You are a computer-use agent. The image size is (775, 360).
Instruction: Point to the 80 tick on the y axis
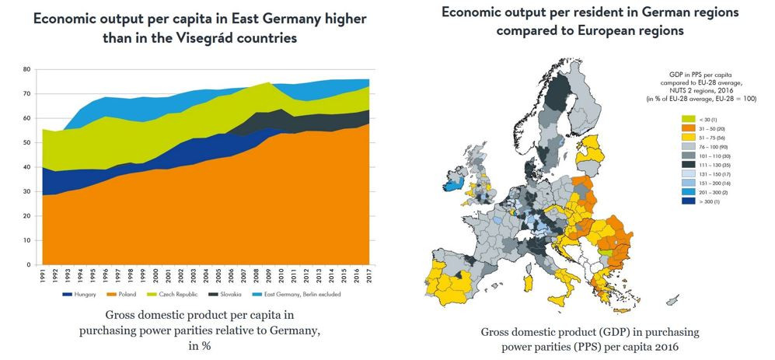tap(26, 69)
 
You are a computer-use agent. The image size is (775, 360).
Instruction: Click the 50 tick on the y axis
tap(26, 142)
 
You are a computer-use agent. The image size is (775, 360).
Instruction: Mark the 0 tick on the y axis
tap(29, 264)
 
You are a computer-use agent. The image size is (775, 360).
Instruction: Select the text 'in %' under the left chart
tap(200, 346)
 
